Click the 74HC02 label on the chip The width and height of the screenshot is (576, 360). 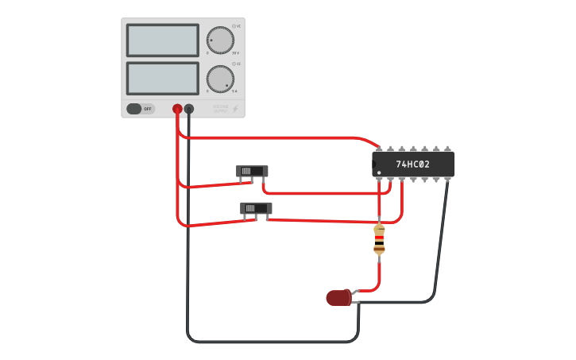(413, 165)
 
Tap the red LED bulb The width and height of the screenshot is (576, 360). (338, 298)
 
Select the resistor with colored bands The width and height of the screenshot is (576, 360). (379, 239)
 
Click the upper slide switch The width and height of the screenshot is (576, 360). (252, 171)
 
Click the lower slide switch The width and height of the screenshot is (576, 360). (256, 208)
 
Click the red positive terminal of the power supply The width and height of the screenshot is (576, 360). (177, 109)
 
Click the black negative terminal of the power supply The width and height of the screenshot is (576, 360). (189, 109)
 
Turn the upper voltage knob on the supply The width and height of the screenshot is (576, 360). (220, 40)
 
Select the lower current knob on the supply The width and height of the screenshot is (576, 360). (220, 79)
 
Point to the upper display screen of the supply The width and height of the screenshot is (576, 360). (162, 40)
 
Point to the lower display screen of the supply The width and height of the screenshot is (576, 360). (162, 78)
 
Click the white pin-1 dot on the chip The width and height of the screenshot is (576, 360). (379, 172)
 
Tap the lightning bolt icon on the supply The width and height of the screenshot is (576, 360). (235, 109)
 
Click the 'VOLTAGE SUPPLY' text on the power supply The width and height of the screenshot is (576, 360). (220, 108)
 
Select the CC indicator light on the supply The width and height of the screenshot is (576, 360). (234, 64)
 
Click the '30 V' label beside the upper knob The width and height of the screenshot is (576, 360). (235, 52)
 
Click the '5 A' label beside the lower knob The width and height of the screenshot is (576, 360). (234, 91)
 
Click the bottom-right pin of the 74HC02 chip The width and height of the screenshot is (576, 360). (447, 180)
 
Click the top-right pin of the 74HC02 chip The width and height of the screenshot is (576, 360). (447, 149)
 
